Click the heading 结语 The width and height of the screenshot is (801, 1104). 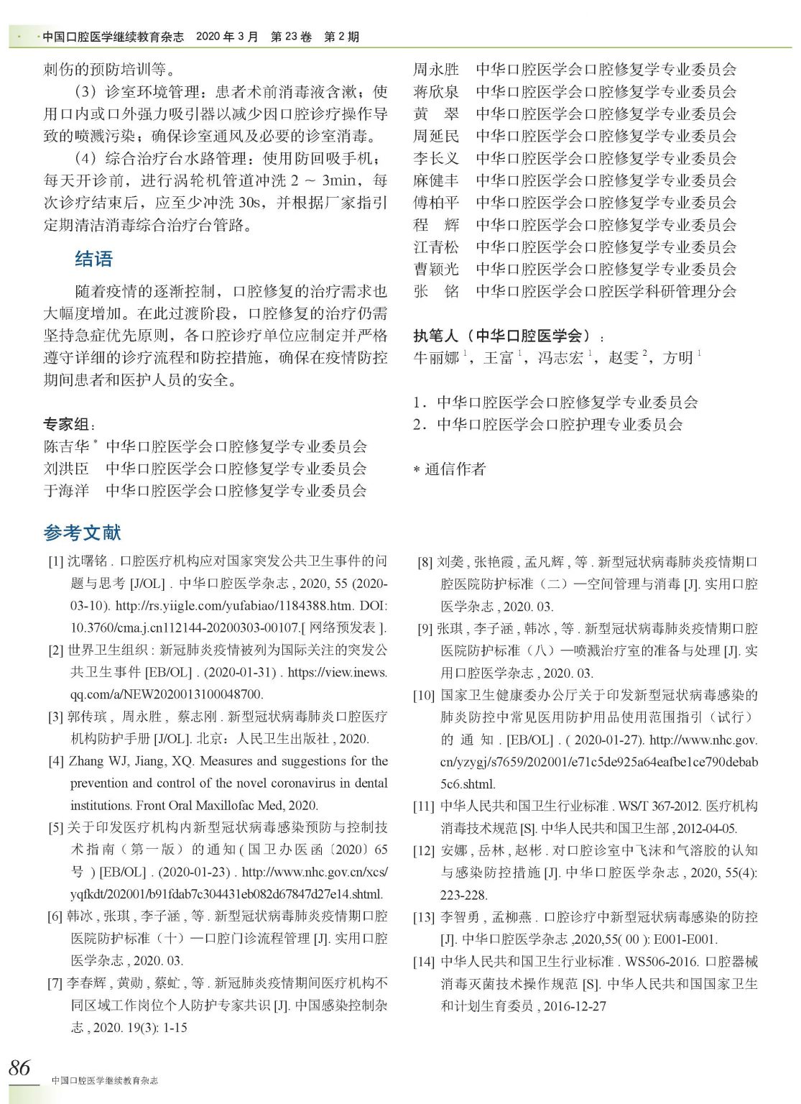pyautogui.click(x=93, y=259)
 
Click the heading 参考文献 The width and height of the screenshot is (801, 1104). pyautogui.click(x=82, y=533)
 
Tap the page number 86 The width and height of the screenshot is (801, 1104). pyautogui.click(x=20, y=1067)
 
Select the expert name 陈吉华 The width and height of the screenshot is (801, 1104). pyautogui.click(x=66, y=447)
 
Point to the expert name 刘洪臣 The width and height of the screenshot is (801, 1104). pyautogui.click(x=66, y=469)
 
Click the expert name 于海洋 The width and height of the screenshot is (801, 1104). pyautogui.click(x=66, y=491)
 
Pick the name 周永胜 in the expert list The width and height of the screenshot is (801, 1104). pyautogui.click(x=435, y=70)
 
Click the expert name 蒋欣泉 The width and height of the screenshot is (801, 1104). pyautogui.click(x=435, y=92)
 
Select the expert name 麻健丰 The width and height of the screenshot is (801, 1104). pyautogui.click(x=435, y=180)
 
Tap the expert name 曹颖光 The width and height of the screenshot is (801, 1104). pyautogui.click(x=435, y=269)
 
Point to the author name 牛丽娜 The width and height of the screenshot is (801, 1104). pyautogui.click(x=435, y=358)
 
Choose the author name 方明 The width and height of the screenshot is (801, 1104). pyautogui.click(x=677, y=358)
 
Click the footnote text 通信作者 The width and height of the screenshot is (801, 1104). pyautogui.click(x=455, y=469)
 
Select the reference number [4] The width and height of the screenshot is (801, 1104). pyautogui.click(x=56, y=761)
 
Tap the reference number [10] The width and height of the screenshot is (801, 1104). pyautogui.click(x=423, y=695)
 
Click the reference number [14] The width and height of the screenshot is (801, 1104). pyautogui.click(x=423, y=962)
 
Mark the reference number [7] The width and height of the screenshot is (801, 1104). pyautogui.click(x=56, y=983)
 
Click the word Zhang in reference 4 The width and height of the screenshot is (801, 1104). pyautogui.click(x=87, y=761)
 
